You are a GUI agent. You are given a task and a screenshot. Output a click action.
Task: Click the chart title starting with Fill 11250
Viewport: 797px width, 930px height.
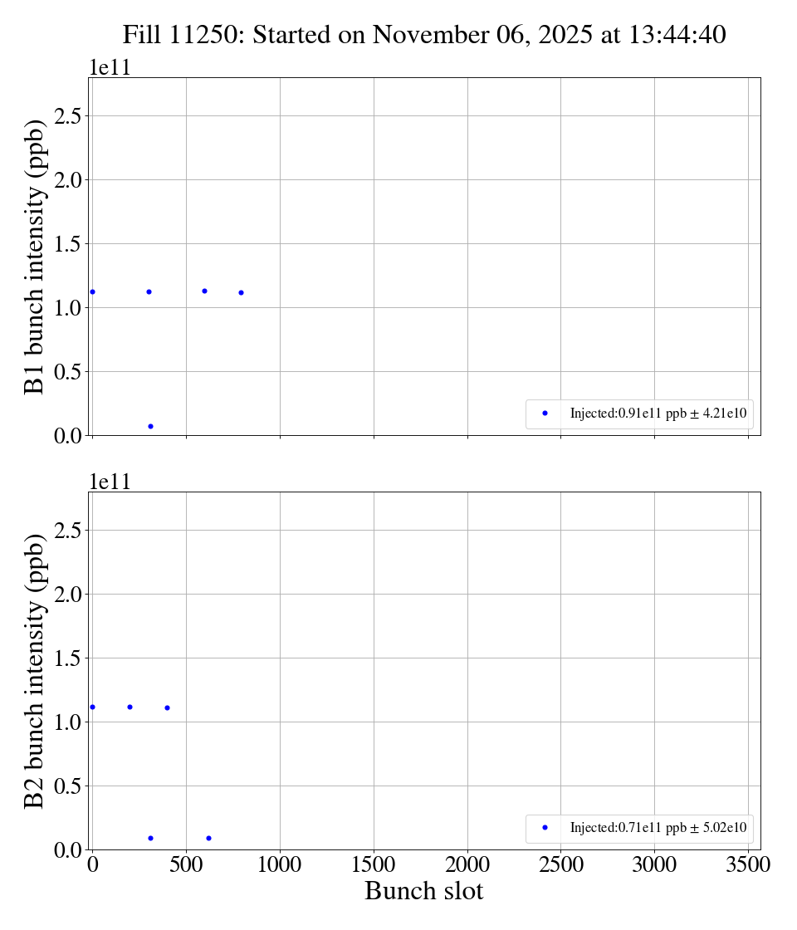tap(424, 35)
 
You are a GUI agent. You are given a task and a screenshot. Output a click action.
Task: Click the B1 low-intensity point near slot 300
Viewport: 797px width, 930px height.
tap(150, 426)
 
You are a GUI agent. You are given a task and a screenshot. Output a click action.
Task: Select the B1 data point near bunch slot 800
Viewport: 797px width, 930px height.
tap(241, 292)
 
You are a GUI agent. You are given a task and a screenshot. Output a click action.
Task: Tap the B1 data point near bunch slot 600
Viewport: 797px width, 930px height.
tap(204, 291)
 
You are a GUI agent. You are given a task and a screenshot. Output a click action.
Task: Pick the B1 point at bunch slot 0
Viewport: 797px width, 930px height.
tap(92, 291)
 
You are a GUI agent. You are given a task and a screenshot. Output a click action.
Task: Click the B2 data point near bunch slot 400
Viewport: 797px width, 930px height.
tap(167, 707)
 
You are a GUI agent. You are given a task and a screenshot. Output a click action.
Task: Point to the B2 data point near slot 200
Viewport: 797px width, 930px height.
tap(130, 707)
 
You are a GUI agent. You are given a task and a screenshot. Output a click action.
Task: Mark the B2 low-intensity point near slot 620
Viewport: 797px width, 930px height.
tap(208, 838)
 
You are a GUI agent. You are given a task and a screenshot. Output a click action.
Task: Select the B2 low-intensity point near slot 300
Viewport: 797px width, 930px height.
tap(150, 838)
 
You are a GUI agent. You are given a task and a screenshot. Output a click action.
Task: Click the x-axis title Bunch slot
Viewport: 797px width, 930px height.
tap(423, 891)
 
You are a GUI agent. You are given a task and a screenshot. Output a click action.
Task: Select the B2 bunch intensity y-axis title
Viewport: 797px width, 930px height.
tap(34, 671)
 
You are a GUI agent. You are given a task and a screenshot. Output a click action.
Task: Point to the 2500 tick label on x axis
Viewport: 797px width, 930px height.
tap(560, 864)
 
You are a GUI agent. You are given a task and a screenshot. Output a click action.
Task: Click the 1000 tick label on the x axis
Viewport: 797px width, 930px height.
tap(280, 864)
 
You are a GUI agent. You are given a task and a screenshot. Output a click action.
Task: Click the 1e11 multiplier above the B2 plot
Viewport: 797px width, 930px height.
tap(110, 482)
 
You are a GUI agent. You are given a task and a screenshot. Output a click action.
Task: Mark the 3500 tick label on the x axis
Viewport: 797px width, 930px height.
tap(747, 864)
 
